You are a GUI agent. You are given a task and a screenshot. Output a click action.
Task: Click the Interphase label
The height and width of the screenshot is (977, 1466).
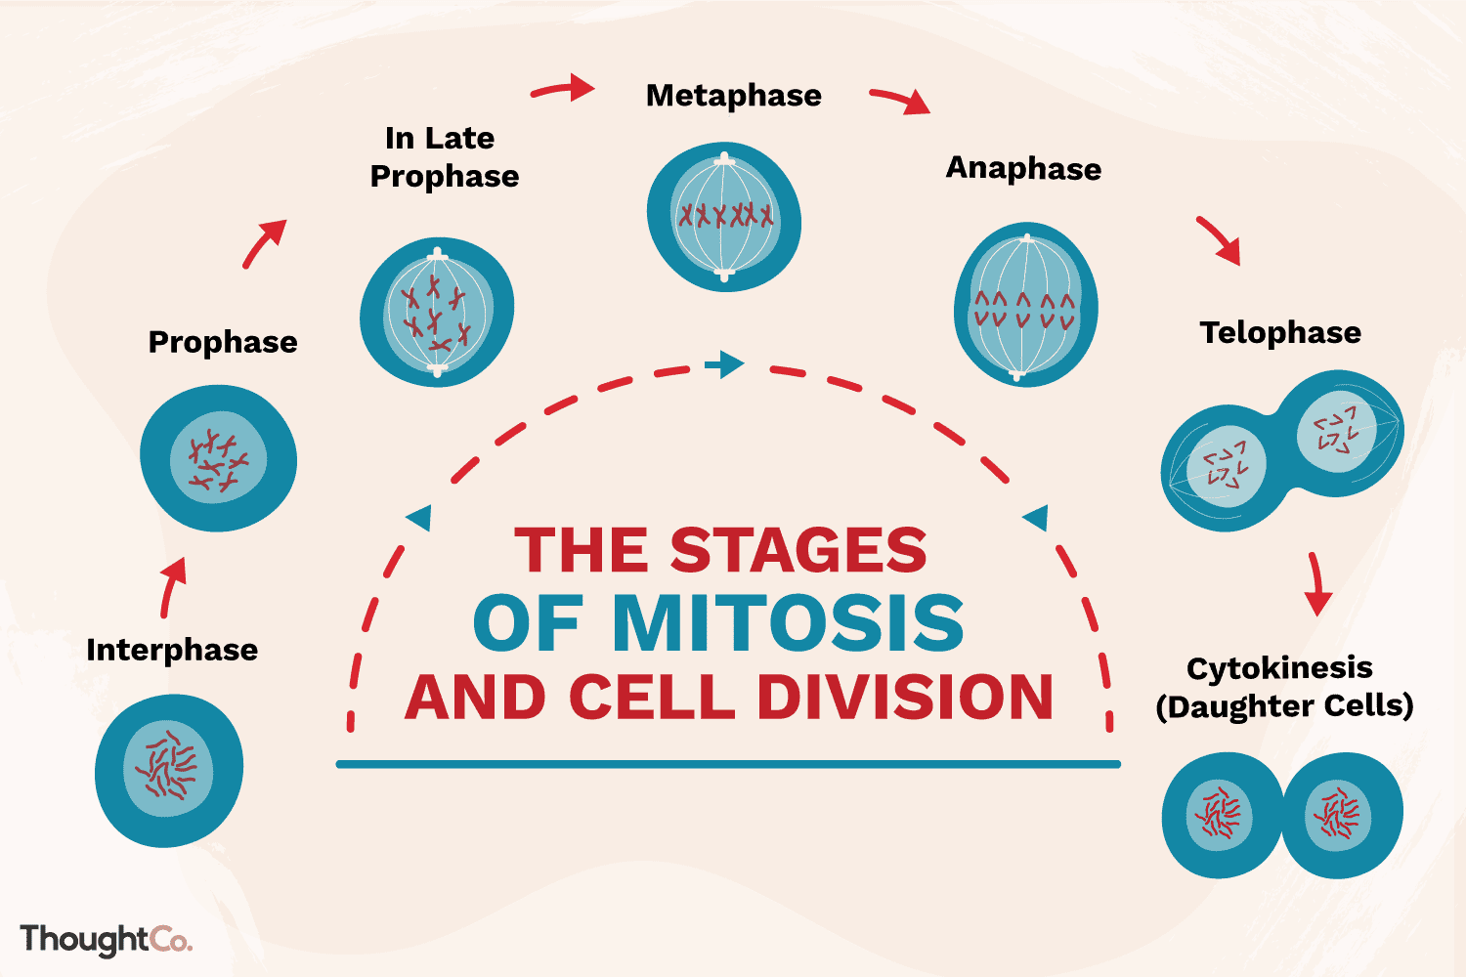172,650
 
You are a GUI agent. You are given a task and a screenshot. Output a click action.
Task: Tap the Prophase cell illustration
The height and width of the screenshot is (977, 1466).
218,458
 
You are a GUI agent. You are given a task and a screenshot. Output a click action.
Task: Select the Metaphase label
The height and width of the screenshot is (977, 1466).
733,96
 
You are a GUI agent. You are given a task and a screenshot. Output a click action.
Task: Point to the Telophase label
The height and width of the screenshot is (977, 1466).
1280,332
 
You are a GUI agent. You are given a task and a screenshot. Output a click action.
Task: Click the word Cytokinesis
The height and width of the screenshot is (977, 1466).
1279,668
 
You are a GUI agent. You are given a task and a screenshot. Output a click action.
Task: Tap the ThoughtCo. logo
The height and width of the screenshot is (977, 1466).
106,939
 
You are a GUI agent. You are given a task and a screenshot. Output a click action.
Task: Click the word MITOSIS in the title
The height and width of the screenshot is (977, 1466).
788,622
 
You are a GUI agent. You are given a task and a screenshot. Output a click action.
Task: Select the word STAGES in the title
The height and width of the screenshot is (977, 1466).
798,550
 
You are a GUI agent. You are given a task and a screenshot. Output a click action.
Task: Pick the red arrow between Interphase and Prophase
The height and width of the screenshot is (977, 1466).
172,587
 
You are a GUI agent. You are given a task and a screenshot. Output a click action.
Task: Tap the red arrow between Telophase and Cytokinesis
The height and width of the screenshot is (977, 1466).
1316,583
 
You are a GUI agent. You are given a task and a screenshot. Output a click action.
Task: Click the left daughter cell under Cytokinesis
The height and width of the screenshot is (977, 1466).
1220,814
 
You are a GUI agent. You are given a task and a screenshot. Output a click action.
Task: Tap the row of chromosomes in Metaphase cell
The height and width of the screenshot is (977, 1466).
725,215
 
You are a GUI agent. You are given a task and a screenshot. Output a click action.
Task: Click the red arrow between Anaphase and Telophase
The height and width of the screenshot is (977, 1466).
1219,240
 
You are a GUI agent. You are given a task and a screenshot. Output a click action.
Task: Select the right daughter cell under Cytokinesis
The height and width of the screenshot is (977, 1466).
1340,814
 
